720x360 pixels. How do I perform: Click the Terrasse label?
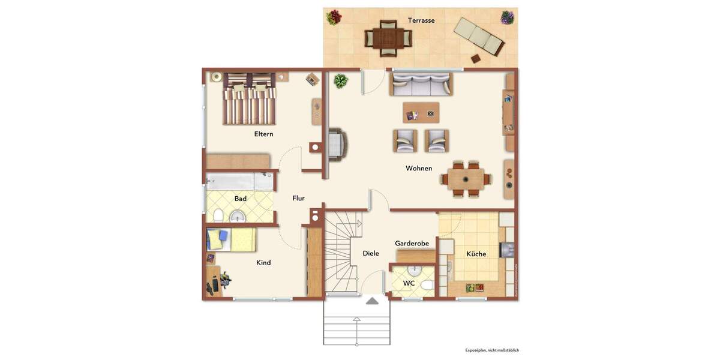[421, 20]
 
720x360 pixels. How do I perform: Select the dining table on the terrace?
[388, 38]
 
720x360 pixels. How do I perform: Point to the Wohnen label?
[419, 169]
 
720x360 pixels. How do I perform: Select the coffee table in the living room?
[421, 113]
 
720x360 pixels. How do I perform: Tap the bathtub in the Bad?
[239, 182]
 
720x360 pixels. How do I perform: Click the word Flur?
[298, 199]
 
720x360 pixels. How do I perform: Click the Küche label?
[476, 254]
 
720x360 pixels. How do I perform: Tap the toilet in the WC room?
[427, 285]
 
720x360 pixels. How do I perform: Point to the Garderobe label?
[412, 244]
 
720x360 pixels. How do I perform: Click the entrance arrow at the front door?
[372, 301]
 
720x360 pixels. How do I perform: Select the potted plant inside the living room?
[341, 81]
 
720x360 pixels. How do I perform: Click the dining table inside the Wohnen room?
[466, 178]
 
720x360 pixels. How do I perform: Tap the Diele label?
[371, 254]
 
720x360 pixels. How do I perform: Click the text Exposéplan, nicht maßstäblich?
[492, 350]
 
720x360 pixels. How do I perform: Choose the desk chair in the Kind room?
[225, 280]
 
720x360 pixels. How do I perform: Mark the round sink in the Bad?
[238, 216]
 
